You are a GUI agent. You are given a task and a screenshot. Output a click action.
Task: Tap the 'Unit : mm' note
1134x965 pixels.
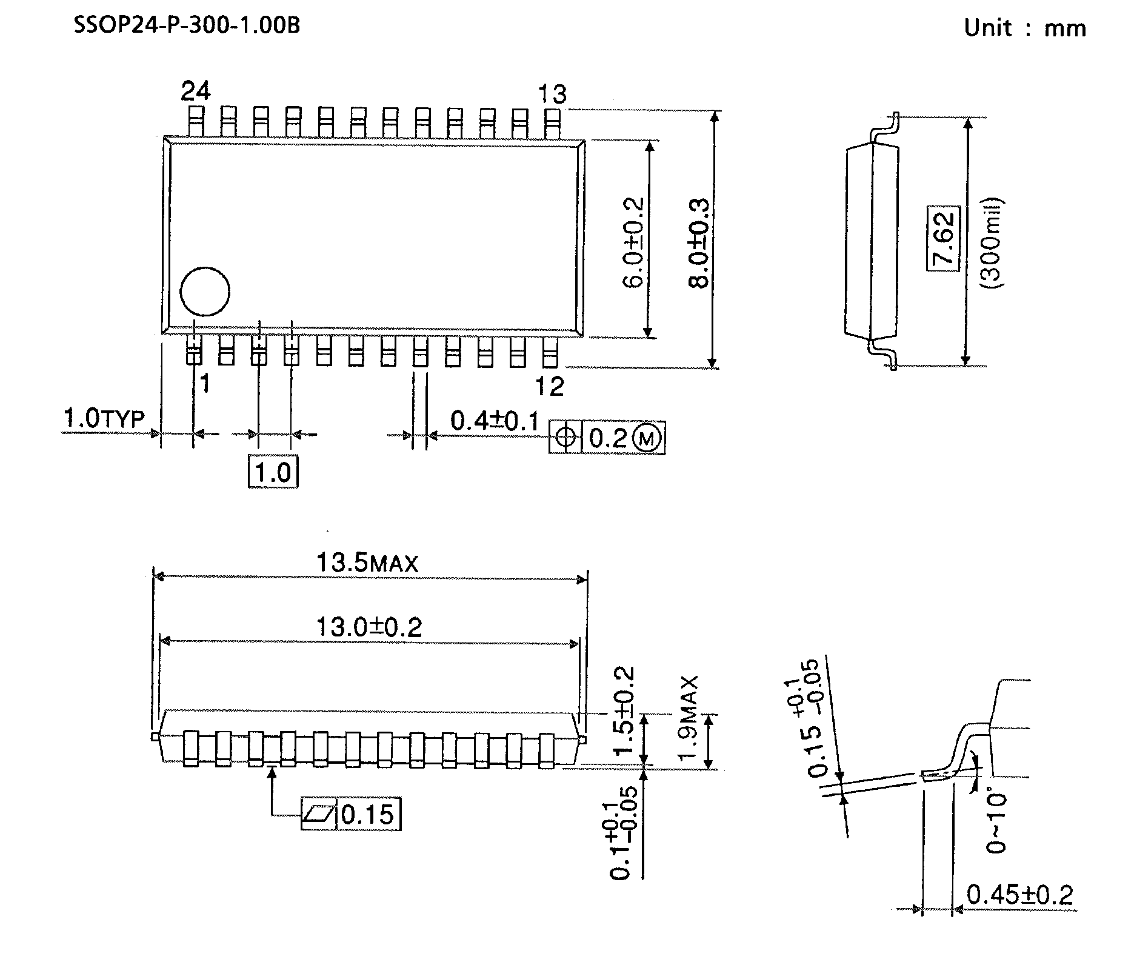coord(1025,28)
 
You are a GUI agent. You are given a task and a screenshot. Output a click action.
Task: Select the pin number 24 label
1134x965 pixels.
coord(196,91)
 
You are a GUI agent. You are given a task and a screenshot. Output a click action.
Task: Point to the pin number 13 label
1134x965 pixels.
coord(552,94)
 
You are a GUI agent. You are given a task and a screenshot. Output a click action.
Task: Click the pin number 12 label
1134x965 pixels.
coord(550,386)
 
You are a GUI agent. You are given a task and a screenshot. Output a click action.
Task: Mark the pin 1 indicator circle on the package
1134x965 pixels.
coord(205,292)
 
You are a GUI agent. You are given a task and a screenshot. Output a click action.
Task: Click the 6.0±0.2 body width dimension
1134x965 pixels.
coord(633,242)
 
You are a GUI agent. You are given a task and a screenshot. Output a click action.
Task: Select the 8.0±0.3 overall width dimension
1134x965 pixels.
coord(699,242)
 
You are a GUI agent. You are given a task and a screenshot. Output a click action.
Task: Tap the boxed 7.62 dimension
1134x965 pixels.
coord(944,239)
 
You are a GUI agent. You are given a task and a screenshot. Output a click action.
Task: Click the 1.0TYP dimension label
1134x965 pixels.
coord(104,418)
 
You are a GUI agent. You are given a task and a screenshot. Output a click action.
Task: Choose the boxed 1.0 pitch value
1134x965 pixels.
coord(273,472)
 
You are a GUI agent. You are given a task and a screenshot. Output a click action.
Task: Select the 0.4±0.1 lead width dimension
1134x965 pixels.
coord(495,420)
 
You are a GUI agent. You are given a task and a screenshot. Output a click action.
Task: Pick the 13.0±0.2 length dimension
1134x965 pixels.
coord(369,626)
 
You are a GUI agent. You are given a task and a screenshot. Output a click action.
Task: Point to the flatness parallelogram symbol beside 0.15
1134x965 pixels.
coord(319,814)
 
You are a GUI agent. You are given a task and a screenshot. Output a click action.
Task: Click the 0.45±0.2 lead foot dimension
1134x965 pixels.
coord(1019,894)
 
